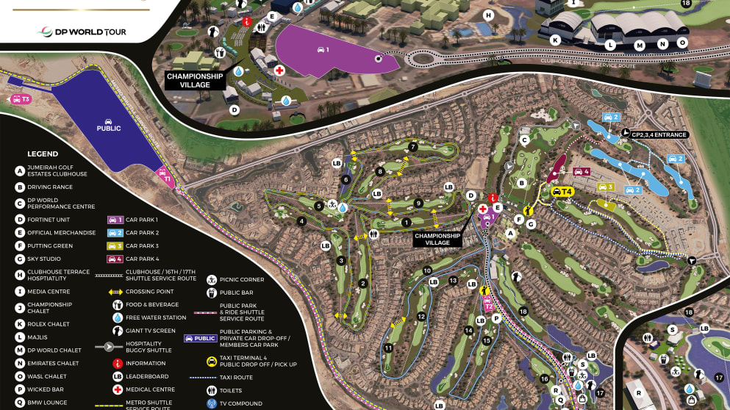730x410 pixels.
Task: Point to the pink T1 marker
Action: (x=166, y=178)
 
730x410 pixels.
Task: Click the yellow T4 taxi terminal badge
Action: (x=562, y=192)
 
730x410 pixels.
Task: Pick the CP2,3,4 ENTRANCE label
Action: (x=658, y=134)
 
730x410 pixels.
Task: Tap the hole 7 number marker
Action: (x=413, y=147)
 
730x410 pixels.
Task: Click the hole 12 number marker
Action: (x=421, y=317)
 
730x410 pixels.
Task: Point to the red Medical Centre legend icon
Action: (x=117, y=389)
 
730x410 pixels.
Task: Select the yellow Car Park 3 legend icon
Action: (x=116, y=245)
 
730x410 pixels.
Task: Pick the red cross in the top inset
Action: (x=280, y=71)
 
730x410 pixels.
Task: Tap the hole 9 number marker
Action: (x=418, y=204)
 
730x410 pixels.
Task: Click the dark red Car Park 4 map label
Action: (x=581, y=171)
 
